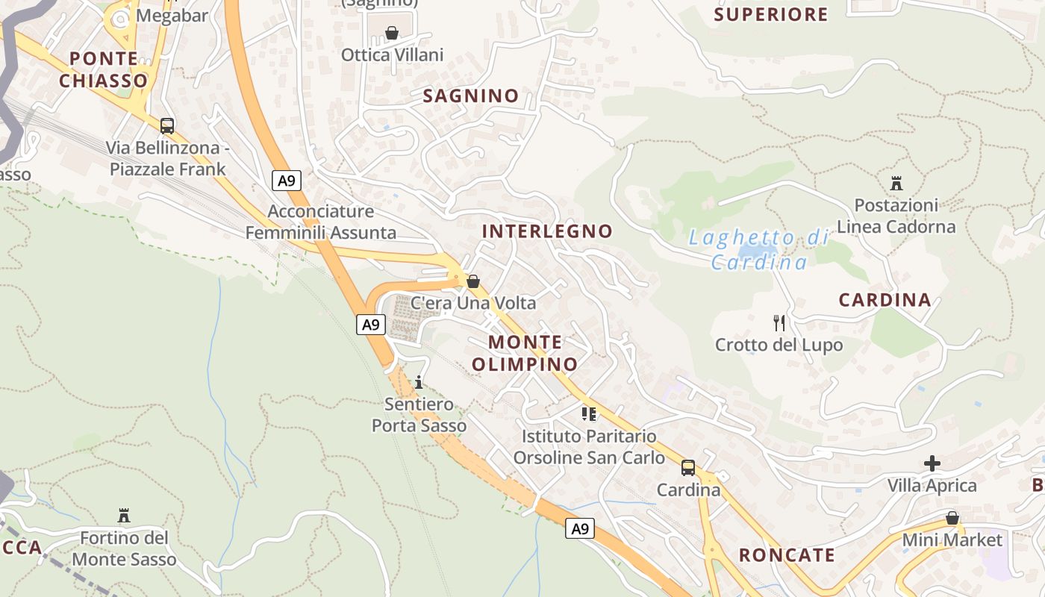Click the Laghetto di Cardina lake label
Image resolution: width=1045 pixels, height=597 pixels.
[759, 250]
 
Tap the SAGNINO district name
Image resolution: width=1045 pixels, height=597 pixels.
[471, 96]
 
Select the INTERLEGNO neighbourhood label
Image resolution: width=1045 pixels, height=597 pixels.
[547, 231]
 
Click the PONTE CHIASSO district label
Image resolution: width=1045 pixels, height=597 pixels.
[104, 69]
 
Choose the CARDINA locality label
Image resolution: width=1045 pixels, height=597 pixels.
[885, 300]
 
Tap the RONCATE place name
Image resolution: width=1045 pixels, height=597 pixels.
[787, 555]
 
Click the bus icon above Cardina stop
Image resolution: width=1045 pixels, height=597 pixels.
[687, 469]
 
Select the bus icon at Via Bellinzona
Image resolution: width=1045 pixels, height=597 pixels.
[167, 125]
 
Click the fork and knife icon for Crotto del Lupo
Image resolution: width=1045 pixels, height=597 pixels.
[779, 323]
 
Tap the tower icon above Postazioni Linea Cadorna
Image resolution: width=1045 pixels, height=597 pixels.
[896, 184]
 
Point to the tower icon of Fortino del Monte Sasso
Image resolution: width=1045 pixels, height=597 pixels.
[124, 516]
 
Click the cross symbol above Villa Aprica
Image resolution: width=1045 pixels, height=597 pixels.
[932, 463]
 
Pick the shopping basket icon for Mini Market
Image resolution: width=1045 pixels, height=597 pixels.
[952, 518]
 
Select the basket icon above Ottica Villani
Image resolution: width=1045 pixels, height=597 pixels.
[392, 33]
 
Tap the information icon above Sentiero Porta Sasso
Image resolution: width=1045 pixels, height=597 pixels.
[419, 382]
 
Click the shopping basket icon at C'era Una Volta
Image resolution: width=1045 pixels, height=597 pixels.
[472, 281]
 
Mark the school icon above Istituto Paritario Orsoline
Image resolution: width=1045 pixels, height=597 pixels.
[589, 413]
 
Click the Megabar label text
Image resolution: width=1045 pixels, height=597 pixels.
[172, 16]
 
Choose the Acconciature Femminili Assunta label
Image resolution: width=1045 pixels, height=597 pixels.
[321, 222]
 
